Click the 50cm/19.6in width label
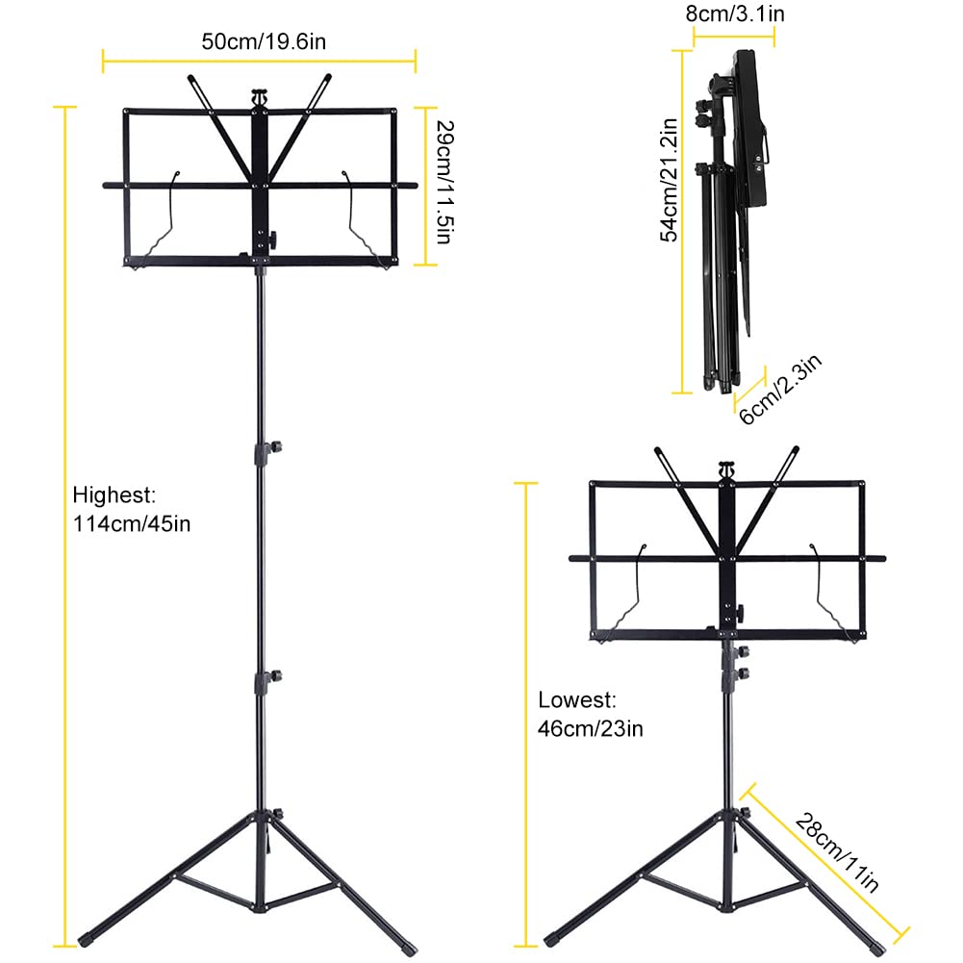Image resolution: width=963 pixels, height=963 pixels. pos(260,42)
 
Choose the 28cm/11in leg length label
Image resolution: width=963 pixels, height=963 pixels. pos(837,852)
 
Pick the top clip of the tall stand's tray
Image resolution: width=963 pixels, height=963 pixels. pos(258,97)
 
